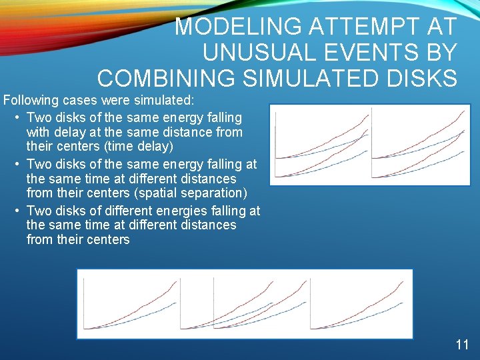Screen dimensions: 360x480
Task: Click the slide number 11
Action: tap(462, 345)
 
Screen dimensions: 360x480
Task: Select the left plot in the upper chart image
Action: tap(321, 143)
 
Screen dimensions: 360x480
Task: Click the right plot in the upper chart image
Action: tap(418, 143)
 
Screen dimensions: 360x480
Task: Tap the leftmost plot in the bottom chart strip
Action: tap(131, 304)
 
